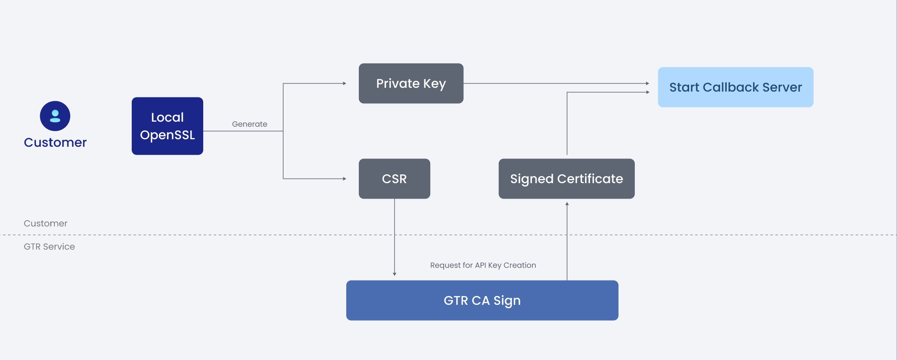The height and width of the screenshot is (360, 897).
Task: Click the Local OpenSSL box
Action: pyautogui.click(x=167, y=126)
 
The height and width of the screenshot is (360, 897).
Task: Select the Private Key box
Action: pyautogui.click(x=411, y=83)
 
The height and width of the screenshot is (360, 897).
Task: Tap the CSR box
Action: pyautogui.click(x=394, y=179)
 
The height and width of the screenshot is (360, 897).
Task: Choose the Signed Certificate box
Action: pyautogui.click(x=566, y=179)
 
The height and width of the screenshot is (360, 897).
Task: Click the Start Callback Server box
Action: pyautogui.click(x=735, y=87)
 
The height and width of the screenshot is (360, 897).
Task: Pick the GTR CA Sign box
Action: pyautogui.click(x=482, y=300)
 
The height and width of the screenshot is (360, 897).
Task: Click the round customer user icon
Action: pyautogui.click(x=55, y=116)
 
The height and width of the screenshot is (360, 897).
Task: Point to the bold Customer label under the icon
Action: pyautogui.click(x=55, y=143)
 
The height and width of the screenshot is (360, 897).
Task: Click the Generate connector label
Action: pyautogui.click(x=249, y=124)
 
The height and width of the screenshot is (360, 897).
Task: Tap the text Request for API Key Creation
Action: pyautogui.click(x=483, y=265)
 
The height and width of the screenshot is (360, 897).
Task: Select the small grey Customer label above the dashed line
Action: pyautogui.click(x=45, y=223)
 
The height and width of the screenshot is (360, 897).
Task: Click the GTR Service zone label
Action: pyautogui.click(x=49, y=247)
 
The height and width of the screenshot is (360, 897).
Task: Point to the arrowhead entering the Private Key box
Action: pyautogui.click(x=345, y=83)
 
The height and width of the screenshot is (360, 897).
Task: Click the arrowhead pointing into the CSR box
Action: pyautogui.click(x=345, y=179)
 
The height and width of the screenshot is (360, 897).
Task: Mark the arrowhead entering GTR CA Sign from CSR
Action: pyautogui.click(x=394, y=274)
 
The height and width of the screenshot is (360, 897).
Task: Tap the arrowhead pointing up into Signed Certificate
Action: pyautogui.click(x=567, y=204)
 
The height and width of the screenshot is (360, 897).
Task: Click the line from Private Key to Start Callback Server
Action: pyautogui.click(x=556, y=83)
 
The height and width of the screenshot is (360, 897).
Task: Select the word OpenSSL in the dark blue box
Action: pyautogui.click(x=167, y=135)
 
